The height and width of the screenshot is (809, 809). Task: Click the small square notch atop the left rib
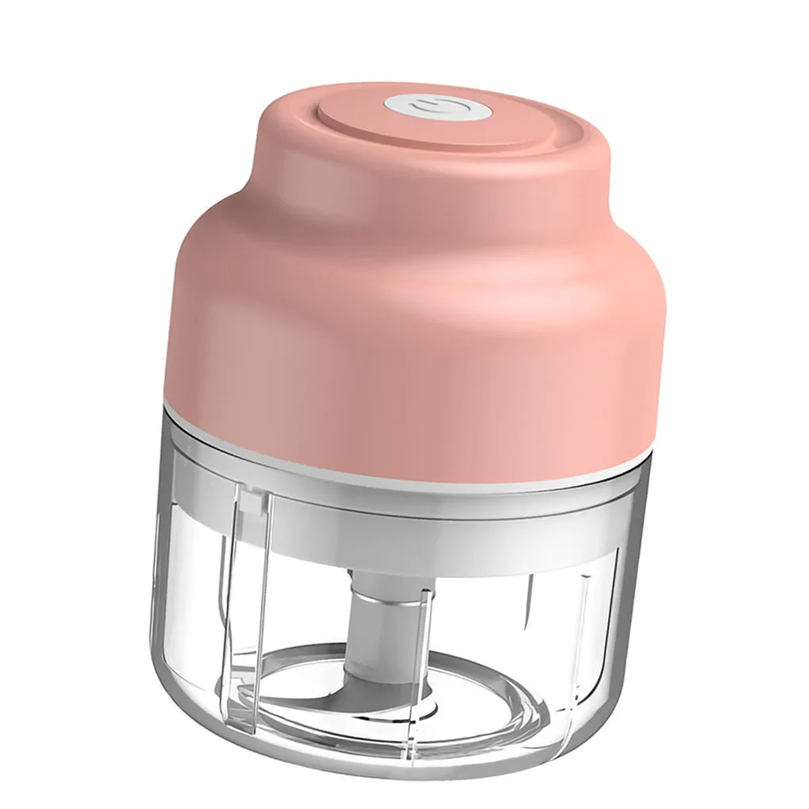[252, 501]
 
